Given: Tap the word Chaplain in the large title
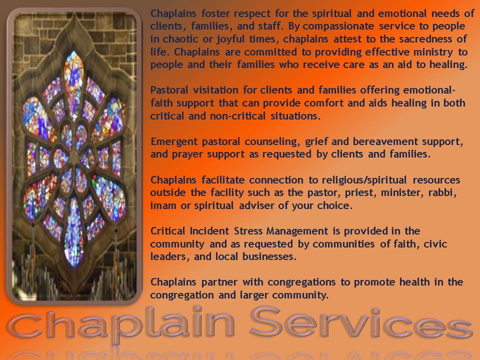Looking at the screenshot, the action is pos(121,325).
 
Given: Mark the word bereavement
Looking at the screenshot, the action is pos(385,141).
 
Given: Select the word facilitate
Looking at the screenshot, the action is pos(222,179).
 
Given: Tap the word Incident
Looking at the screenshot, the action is pos(209,231).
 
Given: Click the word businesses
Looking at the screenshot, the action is pos(269,256).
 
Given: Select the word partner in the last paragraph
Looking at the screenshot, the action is pos(219,282).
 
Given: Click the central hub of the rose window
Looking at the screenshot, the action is pos(74,157).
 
